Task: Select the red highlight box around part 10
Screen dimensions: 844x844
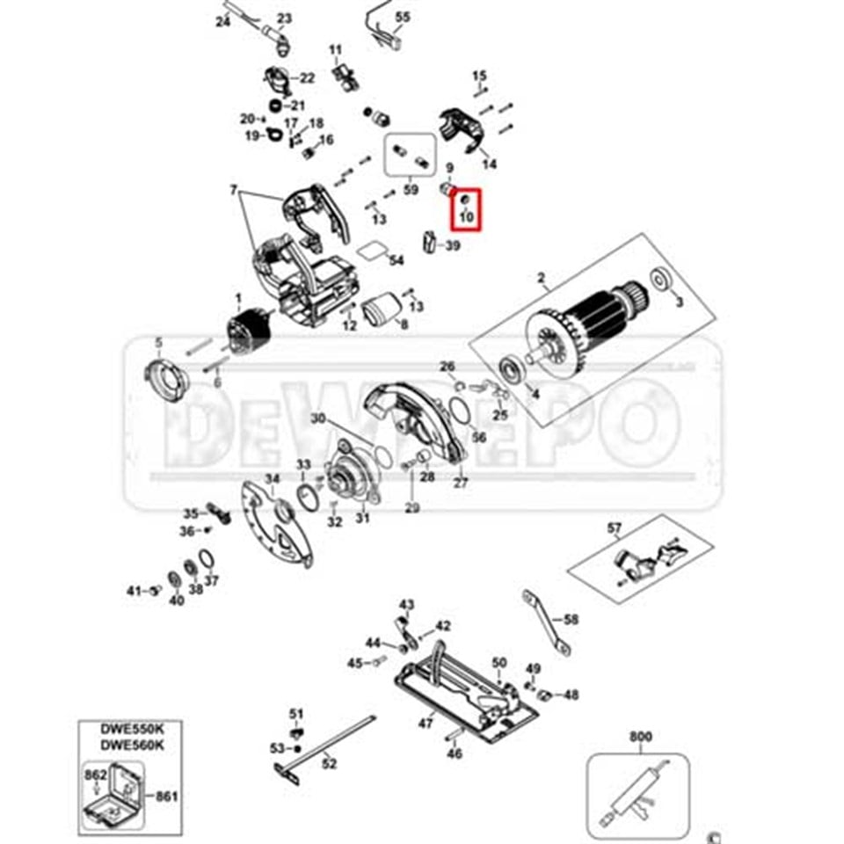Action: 466,208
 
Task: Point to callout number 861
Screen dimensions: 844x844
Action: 166,797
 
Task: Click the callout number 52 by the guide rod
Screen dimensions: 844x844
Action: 329,763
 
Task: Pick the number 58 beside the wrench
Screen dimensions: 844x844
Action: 571,620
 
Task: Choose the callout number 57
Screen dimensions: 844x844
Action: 614,528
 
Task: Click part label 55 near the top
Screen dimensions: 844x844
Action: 403,18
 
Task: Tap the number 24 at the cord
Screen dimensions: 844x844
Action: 222,22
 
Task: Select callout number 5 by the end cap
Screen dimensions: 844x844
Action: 159,342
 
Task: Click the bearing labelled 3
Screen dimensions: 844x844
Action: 657,282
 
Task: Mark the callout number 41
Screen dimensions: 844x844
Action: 133,590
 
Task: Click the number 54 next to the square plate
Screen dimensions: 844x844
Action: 396,261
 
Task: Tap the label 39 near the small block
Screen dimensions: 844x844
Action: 452,246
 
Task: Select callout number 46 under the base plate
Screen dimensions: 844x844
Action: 454,753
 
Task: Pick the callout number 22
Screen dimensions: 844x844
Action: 307,78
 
